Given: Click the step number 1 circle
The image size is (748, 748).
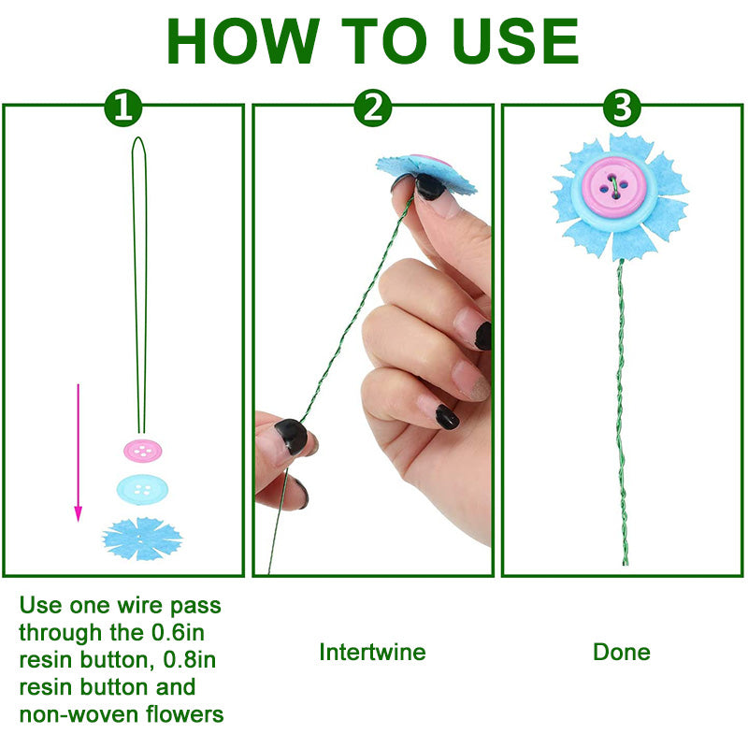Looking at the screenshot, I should click(122, 108).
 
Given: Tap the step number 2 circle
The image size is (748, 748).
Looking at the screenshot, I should click(373, 108).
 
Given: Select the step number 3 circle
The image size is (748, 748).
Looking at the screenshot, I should click(622, 108).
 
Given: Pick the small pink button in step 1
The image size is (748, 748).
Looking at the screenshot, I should click(141, 451).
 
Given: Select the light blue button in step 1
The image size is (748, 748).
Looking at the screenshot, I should click(142, 488).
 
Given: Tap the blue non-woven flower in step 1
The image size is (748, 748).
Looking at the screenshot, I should click(142, 539).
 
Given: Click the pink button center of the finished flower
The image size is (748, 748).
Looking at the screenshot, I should click(611, 180).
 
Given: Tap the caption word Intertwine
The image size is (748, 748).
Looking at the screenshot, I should click(372, 652).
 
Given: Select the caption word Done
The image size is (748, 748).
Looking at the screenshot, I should click(621, 652).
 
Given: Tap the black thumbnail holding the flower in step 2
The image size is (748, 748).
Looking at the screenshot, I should click(430, 187).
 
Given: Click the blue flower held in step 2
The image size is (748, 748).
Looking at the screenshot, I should click(425, 169).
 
